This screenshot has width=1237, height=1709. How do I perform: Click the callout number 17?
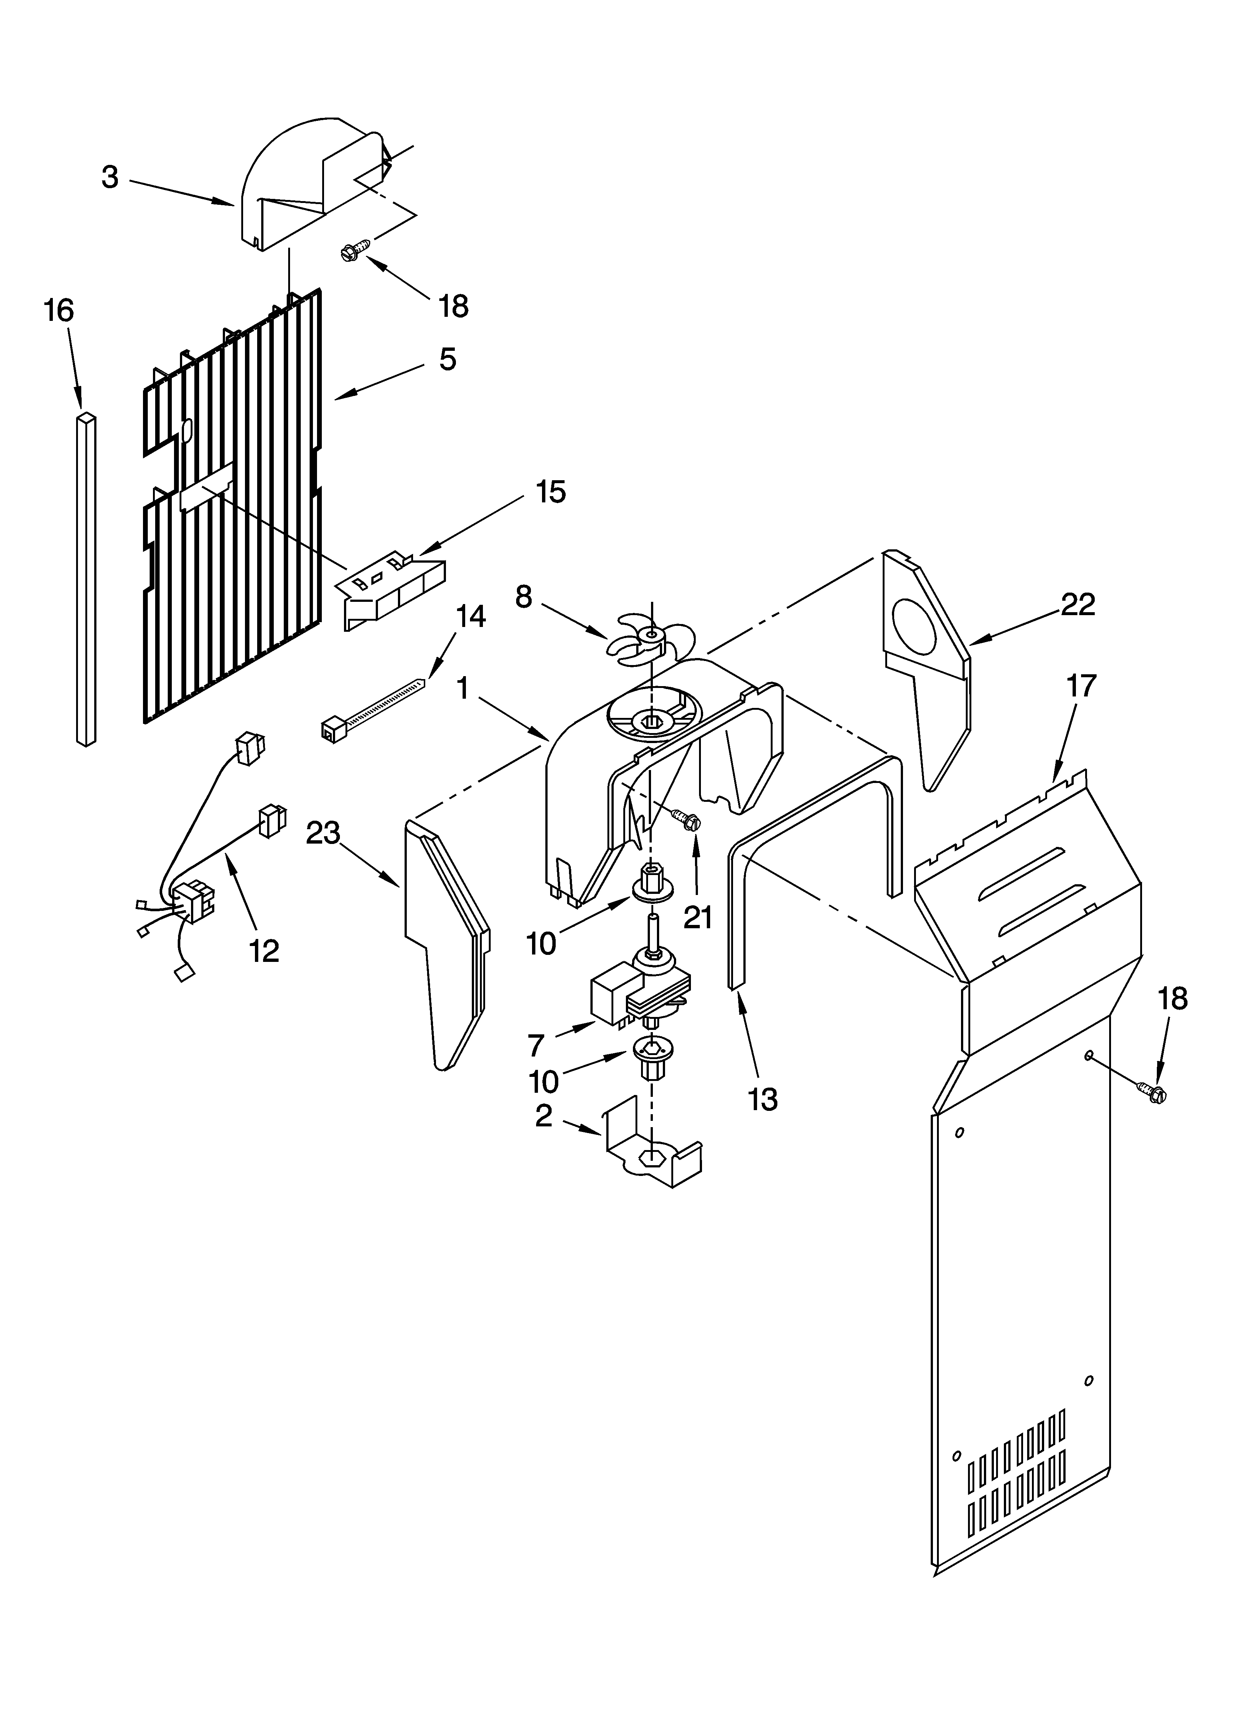tap(1081, 686)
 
